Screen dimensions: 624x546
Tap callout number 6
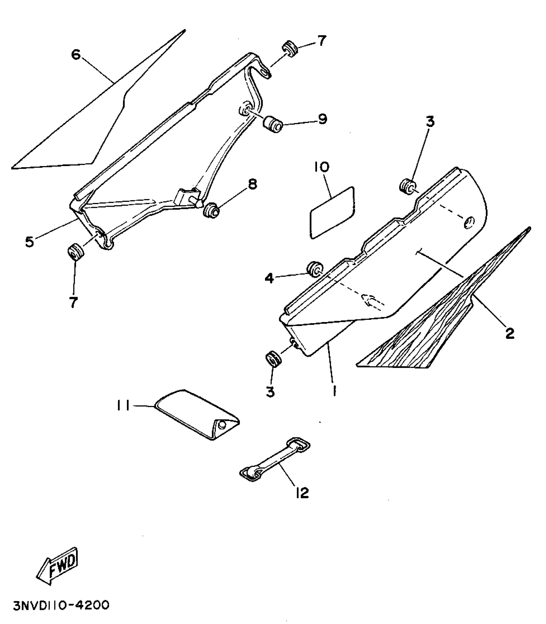(76, 55)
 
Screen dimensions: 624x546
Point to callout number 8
(252, 185)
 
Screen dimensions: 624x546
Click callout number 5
(30, 242)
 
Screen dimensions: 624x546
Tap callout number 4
(269, 278)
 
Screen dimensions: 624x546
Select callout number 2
(510, 333)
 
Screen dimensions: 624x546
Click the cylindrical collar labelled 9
(273, 125)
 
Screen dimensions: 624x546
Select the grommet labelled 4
(315, 269)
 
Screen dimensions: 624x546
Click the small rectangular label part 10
(332, 213)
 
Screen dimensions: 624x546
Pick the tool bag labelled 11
(196, 414)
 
